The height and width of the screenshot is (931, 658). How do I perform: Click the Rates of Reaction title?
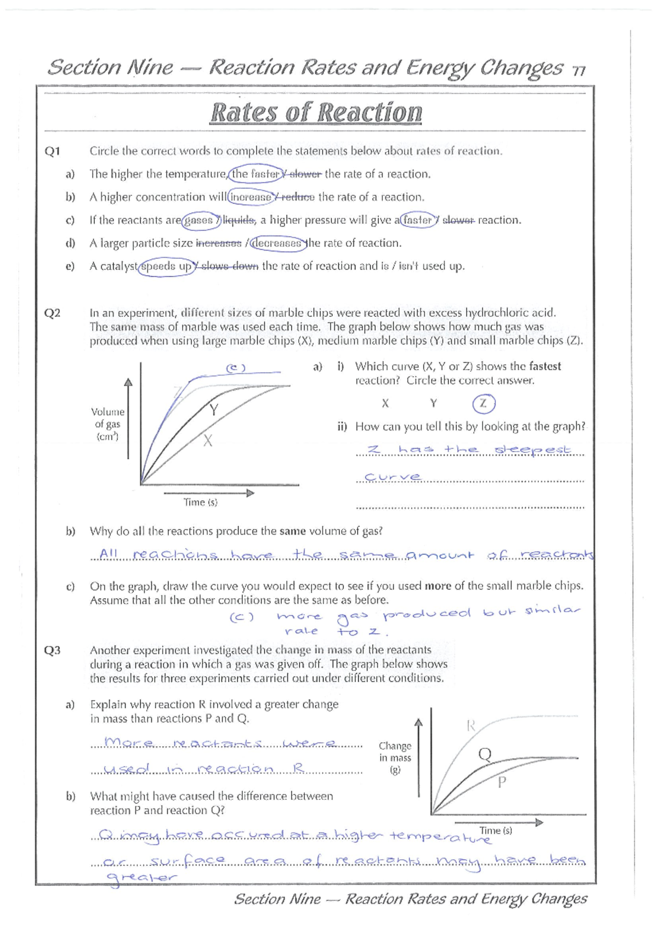(x=316, y=112)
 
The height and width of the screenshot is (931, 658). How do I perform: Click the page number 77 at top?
(x=578, y=71)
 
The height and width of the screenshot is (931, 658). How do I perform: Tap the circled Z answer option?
(x=483, y=404)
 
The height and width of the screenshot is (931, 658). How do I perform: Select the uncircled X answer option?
(x=385, y=404)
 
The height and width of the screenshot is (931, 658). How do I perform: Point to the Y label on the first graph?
(x=214, y=410)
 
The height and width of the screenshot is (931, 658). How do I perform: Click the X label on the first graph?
(x=208, y=440)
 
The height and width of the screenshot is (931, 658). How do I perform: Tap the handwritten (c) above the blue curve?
(x=236, y=368)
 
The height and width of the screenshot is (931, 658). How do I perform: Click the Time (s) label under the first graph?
(x=200, y=502)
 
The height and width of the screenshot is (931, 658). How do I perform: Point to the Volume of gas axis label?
(x=107, y=424)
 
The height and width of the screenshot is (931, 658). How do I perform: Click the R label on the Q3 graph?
(x=470, y=726)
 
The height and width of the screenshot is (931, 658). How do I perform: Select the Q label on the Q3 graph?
(x=485, y=755)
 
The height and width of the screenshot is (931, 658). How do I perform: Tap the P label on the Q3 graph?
(x=501, y=782)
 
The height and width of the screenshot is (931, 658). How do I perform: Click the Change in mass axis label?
(x=395, y=757)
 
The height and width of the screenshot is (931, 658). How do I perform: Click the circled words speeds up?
(x=166, y=266)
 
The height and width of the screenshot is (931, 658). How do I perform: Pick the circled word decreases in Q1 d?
(x=279, y=243)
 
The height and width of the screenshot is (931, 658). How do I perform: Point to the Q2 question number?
(x=52, y=313)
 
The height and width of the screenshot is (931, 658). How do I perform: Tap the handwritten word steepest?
(x=533, y=450)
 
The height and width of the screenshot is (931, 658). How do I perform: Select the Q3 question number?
(x=52, y=650)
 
